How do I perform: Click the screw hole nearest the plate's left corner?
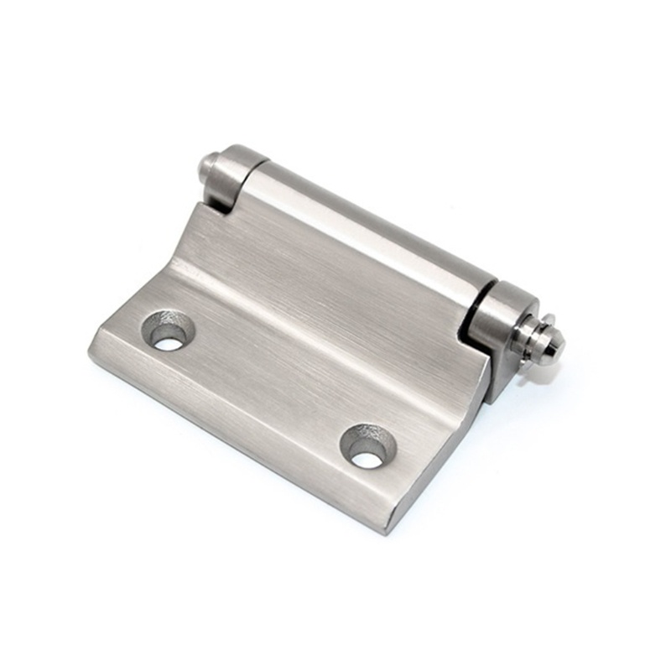coord(169,330)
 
